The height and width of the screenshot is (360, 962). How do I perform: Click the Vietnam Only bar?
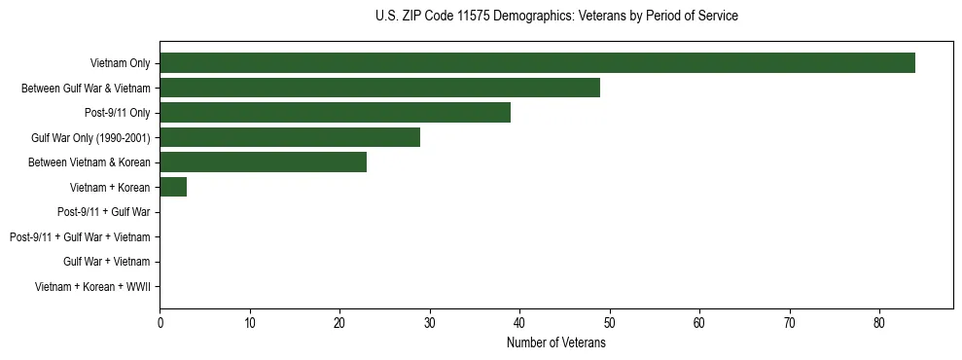point(537,63)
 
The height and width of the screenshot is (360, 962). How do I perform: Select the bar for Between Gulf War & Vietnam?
point(379,88)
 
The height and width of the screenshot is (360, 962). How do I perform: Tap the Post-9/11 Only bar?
point(335,113)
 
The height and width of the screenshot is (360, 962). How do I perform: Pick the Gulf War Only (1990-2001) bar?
point(290,137)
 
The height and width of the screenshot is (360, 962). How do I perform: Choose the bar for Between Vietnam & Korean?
point(263,162)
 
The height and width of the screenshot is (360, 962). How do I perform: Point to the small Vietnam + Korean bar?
point(173,187)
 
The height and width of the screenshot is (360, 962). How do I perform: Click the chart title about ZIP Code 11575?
point(556,17)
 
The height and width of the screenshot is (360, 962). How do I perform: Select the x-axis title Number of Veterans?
point(556,342)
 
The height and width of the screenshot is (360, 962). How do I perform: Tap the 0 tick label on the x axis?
point(160,323)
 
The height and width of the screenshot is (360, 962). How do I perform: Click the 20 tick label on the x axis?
point(339,323)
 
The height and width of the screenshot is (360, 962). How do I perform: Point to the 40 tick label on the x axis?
point(519,323)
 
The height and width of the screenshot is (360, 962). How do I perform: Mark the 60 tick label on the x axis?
point(699,323)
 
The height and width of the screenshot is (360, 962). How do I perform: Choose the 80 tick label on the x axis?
point(879,323)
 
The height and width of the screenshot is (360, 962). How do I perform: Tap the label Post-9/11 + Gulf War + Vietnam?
point(80,236)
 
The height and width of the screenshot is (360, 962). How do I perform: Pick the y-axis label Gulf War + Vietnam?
point(106,261)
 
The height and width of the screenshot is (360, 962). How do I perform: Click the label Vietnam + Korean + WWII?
point(92,286)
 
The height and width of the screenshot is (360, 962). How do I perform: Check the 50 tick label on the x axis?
point(610,323)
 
